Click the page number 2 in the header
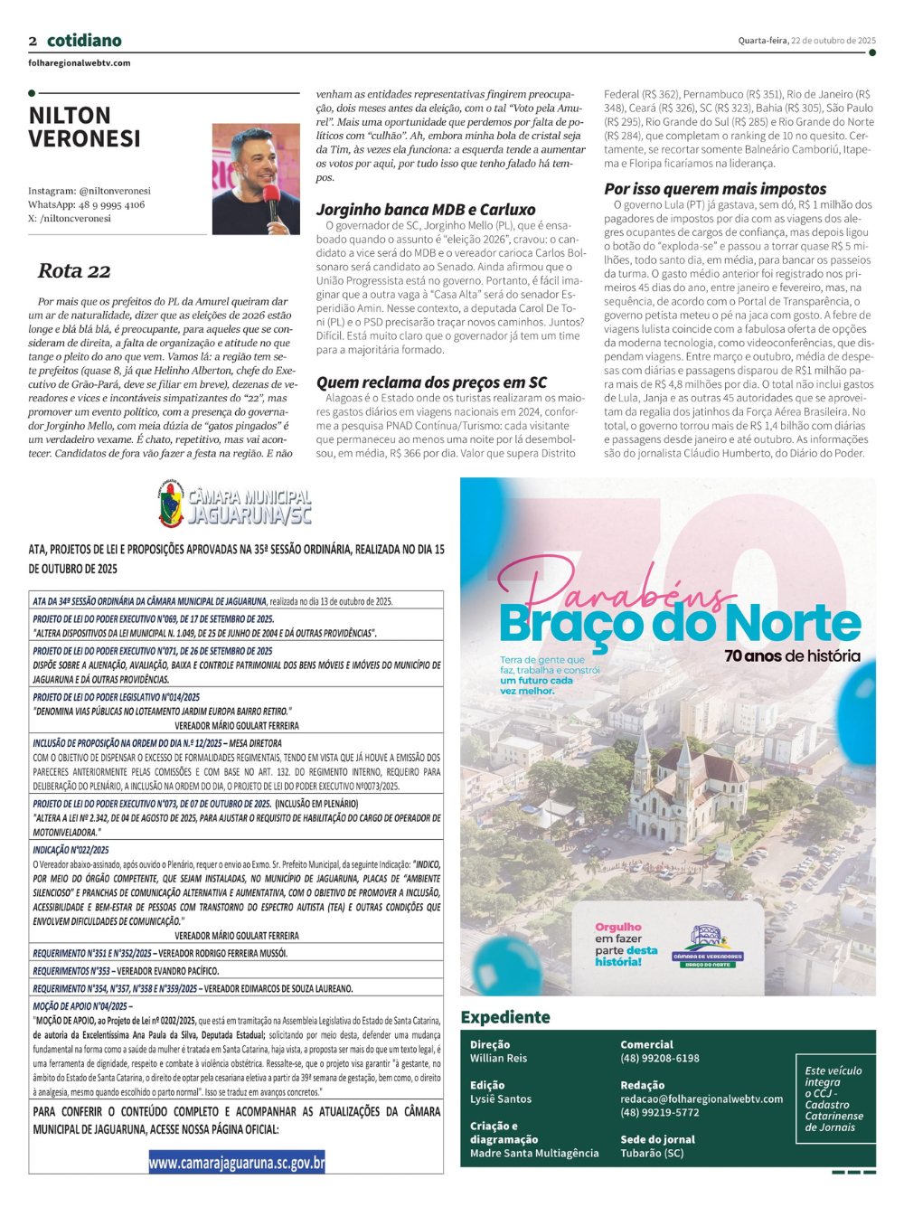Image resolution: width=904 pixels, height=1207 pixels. pos(33,41)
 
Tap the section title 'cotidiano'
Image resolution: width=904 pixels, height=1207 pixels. pos(84,41)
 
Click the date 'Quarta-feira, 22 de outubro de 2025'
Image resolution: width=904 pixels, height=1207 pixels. pos(806,41)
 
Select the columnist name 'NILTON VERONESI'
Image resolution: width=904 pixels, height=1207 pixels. pos(85,127)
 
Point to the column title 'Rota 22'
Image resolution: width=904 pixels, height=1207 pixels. pos(74,270)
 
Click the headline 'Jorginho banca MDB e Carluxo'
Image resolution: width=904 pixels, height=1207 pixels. pos(426,210)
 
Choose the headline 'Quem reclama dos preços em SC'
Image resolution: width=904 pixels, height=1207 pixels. pos(431,382)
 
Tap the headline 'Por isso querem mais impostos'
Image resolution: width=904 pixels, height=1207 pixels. pos(715,189)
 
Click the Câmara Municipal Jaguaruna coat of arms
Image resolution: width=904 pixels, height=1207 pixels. pos(170,504)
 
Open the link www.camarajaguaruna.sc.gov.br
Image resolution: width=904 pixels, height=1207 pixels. pos(237,1163)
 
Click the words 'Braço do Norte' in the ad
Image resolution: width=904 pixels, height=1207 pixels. pos(680,623)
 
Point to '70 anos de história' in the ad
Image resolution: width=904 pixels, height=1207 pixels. pos(792,656)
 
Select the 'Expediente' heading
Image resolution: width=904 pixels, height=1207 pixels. pos(505,1017)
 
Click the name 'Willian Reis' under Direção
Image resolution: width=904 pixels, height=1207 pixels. pos(498,1058)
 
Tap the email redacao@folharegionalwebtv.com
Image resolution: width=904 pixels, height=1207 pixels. pos(702,1099)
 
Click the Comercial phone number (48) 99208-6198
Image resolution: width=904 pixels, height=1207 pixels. pos(660,1058)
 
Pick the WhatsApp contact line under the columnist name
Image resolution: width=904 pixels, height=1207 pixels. pos(86,204)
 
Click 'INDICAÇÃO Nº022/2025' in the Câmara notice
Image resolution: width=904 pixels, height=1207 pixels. pos(71,850)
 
